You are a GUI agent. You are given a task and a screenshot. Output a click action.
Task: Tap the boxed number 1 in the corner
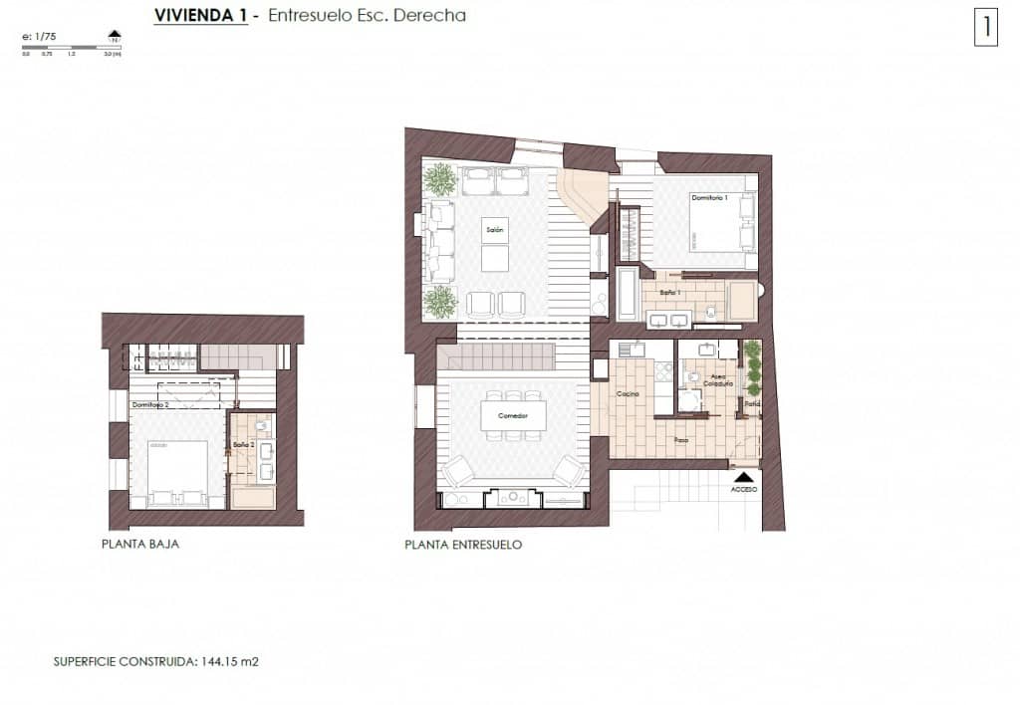tap(986, 27)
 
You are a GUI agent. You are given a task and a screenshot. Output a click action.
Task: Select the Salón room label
tap(495, 230)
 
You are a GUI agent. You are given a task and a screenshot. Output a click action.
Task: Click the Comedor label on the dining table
tap(507, 415)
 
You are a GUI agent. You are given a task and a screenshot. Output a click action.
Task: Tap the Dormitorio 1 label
tap(710, 198)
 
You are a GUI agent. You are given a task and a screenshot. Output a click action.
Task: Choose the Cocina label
tap(627, 395)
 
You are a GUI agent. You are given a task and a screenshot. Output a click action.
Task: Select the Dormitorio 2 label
tap(150, 405)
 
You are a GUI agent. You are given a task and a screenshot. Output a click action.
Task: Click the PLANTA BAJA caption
tap(140, 545)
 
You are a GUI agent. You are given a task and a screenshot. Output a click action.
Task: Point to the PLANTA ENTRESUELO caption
tap(463, 545)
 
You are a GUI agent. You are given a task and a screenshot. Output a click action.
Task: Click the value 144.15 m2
tap(230, 660)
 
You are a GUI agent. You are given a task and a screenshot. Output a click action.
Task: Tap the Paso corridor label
tap(681, 438)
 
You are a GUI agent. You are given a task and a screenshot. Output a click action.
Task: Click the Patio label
tap(753, 404)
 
